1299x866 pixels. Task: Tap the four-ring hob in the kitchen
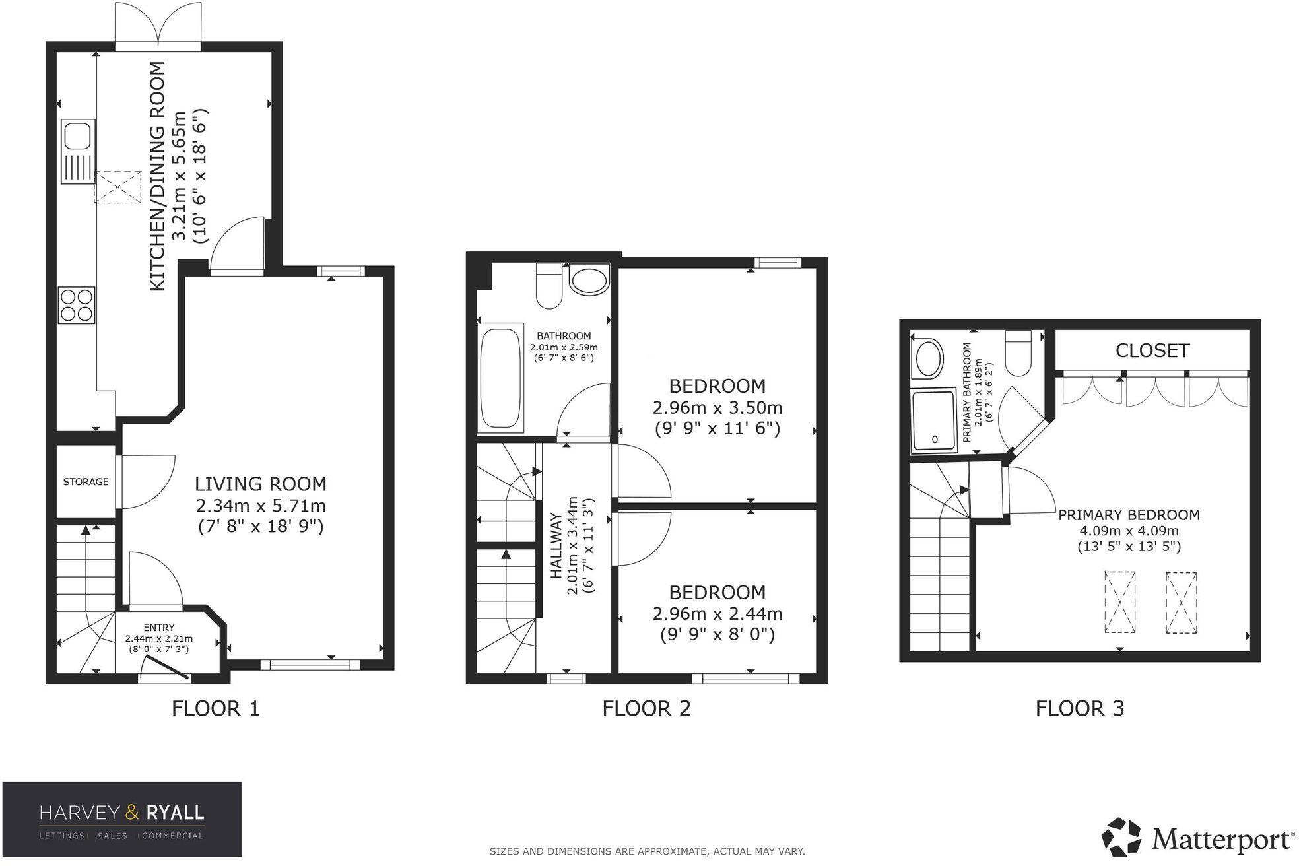click(x=77, y=305)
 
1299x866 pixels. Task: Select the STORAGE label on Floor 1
click(x=86, y=482)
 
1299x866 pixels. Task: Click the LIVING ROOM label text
click(x=261, y=484)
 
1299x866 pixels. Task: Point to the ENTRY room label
click(x=159, y=628)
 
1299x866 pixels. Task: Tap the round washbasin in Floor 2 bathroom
click(x=589, y=281)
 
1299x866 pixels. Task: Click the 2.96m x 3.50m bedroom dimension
click(x=717, y=407)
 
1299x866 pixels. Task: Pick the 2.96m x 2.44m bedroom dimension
click(x=717, y=614)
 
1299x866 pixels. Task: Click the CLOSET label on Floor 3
click(x=1152, y=350)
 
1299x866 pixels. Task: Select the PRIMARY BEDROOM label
click(x=1129, y=515)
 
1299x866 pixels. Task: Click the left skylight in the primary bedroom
click(x=1120, y=602)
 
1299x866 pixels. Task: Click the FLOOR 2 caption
click(x=646, y=708)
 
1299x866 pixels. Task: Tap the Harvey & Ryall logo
click(x=122, y=819)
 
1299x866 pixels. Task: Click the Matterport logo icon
click(x=1122, y=837)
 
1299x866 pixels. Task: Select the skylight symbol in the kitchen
click(x=117, y=187)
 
